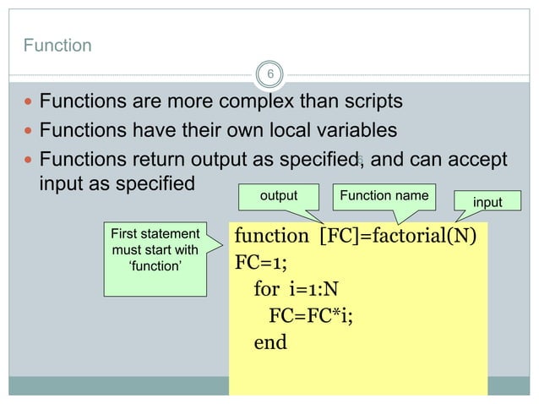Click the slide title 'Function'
tap(57, 46)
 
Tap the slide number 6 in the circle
tap(269, 75)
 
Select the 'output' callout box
tap(279, 196)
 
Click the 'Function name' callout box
tap(383, 196)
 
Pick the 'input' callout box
tap(487, 202)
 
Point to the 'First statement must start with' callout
tap(155, 250)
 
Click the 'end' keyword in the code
tap(270, 342)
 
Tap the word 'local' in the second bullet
tap(275, 131)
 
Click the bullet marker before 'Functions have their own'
tap(29, 132)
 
